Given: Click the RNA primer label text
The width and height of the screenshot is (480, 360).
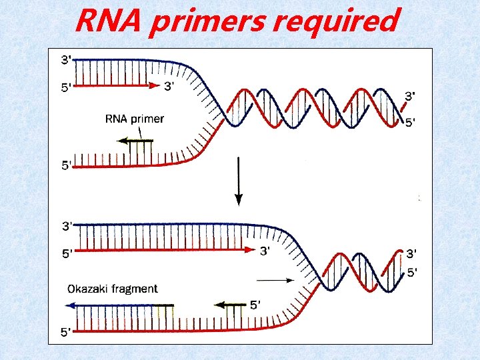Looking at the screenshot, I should pos(135,119).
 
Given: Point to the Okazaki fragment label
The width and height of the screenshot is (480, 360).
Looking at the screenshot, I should pos(113,289).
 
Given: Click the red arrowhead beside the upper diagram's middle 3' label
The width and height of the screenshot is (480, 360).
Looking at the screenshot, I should pos(154,85).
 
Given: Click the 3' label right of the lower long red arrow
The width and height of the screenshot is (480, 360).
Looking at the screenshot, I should pos(265,251).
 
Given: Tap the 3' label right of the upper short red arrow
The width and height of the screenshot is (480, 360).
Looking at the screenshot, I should pos(171,85).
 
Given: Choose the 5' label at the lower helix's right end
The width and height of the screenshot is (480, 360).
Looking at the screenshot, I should pos(413,272).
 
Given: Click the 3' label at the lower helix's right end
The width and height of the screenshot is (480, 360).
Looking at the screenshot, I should pos(413,253).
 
